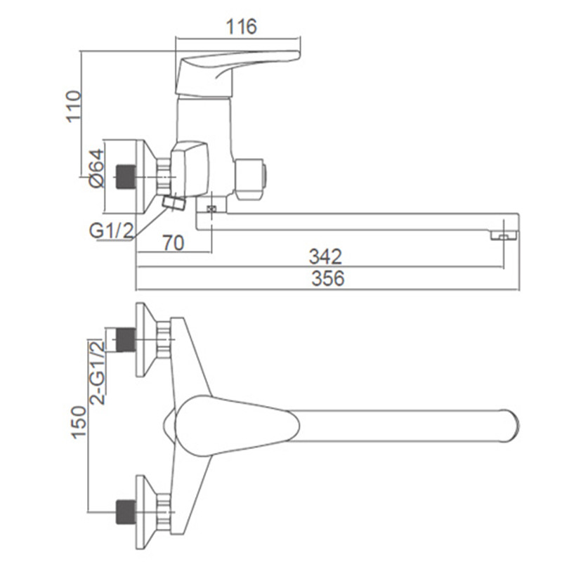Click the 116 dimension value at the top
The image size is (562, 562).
pos(241,27)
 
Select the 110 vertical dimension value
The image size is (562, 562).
pos(74,107)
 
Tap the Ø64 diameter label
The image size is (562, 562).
pos(97,168)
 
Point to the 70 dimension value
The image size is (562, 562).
pos(174,243)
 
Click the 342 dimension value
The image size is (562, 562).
pos(325,256)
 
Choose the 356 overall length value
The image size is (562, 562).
pos(327,278)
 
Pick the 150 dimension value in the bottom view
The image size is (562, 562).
pos(79,422)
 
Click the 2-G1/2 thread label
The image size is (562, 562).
pos(98,373)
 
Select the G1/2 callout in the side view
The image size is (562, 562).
pos(112,230)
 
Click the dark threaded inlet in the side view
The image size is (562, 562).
pos(125,177)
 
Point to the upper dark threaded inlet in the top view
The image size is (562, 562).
pos(126,339)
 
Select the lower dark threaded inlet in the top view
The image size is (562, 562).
pos(126,512)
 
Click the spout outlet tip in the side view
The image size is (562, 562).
pos(504,235)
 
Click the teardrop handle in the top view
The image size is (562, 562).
pos(237,426)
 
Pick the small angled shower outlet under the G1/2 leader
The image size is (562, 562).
pos(174,202)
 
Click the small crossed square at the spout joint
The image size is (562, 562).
pos(211,209)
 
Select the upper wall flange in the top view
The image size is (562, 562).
pos(146,340)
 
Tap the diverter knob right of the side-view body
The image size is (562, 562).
pos(250,177)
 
